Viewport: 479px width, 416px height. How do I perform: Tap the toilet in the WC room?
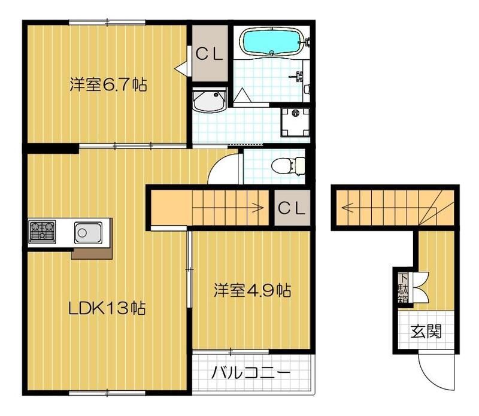pyautogui.click(x=288, y=166)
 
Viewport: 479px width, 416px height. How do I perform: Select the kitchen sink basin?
pyautogui.click(x=88, y=233)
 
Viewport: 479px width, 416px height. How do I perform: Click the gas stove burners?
pyautogui.click(x=42, y=231)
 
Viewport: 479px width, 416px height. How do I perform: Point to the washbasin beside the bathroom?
pyautogui.click(x=209, y=101)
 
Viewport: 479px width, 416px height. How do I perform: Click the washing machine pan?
pyautogui.click(x=295, y=122)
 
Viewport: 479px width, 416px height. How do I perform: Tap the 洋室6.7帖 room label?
pyautogui.click(x=108, y=84)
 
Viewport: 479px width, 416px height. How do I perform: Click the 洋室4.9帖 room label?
pyautogui.click(x=252, y=290)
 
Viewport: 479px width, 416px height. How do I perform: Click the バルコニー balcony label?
pyautogui.click(x=250, y=373)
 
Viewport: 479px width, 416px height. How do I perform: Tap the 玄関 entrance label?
pyautogui.click(x=426, y=331)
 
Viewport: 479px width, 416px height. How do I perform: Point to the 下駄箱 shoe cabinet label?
pyautogui.click(x=403, y=288)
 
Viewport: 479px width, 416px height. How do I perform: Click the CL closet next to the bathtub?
pyautogui.click(x=209, y=54)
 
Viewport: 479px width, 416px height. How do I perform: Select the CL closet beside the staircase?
pyautogui.click(x=292, y=208)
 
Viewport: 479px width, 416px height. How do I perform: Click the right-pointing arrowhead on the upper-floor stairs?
pyautogui.click(x=260, y=208)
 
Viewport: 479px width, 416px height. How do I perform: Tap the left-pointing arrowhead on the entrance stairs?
pyautogui.click(x=345, y=208)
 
